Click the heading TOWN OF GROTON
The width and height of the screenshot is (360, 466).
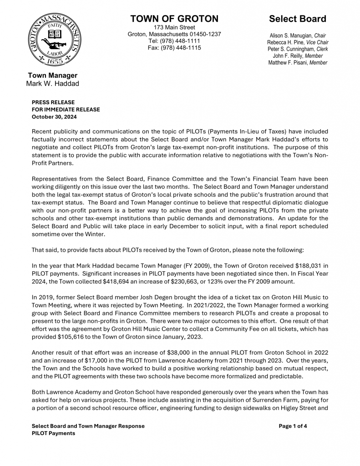pyautogui.click(x=174, y=19)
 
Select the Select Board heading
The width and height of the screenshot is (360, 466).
pyautogui.click(x=297, y=19)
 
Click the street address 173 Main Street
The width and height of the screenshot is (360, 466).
pyautogui.click(x=174, y=27)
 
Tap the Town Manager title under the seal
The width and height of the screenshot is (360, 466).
pyautogui.click(x=53, y=76)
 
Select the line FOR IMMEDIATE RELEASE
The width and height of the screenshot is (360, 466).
pyautogui.click(x=66, y=110)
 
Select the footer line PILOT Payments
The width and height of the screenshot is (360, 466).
pyautogui.click(x=53, y=433)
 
